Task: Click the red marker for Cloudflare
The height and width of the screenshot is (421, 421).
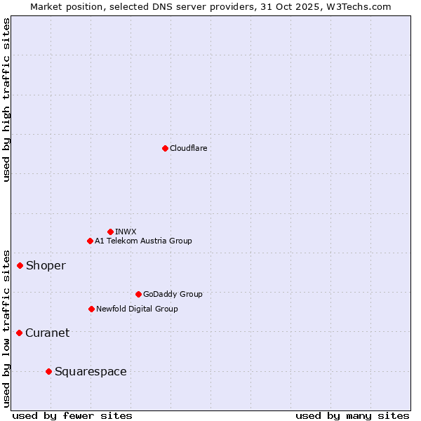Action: (x=165, y=148)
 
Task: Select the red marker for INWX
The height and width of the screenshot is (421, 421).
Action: (x=110, y=232)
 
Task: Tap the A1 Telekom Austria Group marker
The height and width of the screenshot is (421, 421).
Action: (x=90, y=241)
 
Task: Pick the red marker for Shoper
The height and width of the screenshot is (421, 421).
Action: (x=20, y=265)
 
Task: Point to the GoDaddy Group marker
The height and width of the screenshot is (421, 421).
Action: (x=138, y=294)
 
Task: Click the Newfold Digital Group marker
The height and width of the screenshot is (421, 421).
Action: (x=91, y=309)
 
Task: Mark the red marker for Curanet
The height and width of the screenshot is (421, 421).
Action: (x=19, y=333)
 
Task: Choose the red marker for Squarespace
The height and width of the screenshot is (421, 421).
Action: (x=48, y=371)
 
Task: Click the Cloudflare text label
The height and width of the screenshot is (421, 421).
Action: (x=189, y=148)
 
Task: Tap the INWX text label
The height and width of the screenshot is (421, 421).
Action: (x=126, y=232)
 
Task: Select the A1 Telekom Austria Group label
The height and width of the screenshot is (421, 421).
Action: (x=143, y=241)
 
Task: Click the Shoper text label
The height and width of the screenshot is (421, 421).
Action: (x=46, y=265)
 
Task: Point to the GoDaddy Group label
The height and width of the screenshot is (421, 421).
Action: (x=173, y=294)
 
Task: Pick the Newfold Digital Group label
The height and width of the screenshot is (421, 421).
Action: (x=137, y=309)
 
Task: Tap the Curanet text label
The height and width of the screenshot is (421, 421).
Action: (x=47, y=333)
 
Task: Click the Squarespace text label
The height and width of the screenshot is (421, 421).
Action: (x=91, y=371)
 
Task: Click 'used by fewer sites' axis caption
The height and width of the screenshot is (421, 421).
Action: (x=72, y=415)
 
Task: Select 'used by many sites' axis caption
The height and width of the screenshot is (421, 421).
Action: (x=352, y=415)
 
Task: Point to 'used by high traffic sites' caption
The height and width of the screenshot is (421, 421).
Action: (x=6, y=100)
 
